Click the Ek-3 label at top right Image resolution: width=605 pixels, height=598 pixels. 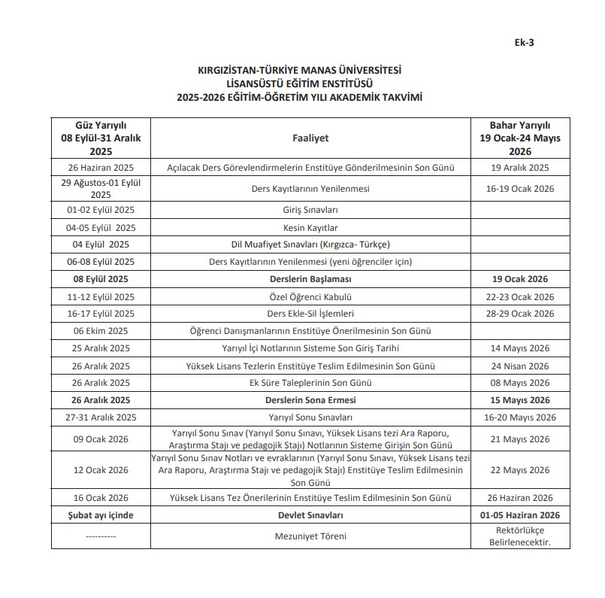525,42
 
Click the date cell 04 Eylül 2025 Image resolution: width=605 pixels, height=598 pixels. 101,244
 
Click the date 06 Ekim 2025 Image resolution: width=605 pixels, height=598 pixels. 101,331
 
